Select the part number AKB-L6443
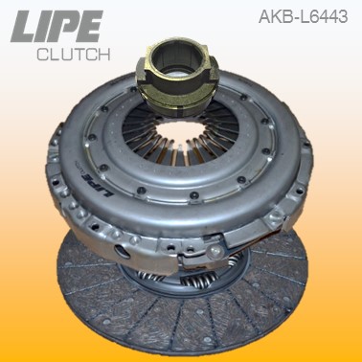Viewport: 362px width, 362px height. coord(303,15)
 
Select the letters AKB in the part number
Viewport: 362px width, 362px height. coord(273,15)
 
